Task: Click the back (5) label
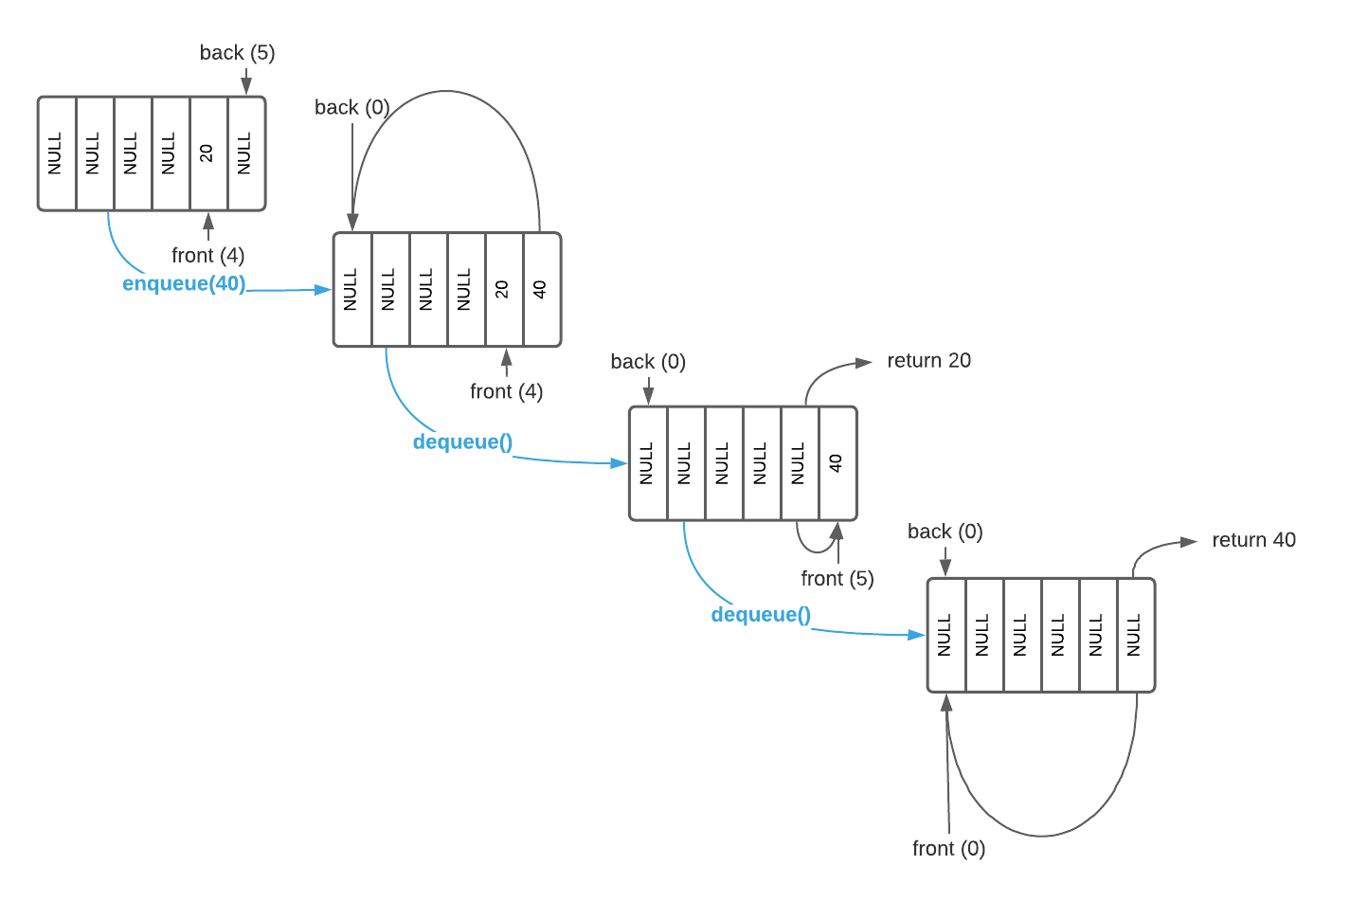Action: pos(237,53)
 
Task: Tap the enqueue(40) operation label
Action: pos(184,284)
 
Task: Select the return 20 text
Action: pos(928,361)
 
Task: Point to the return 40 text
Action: pos(1253,540)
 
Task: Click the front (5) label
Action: pos(837,578)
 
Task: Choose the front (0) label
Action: pos(948,849)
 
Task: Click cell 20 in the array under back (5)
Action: pos(207,153)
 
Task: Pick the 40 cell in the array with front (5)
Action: pos(837,463)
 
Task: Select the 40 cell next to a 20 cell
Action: pos(541,290)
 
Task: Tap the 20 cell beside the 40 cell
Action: pos(503,290)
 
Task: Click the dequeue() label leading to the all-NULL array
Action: pos(761,615)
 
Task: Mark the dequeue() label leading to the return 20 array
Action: pos(462,442)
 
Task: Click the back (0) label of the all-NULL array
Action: pos(945,532)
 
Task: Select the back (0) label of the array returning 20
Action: pos(647,362)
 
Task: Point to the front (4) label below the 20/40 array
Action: pos(506,391)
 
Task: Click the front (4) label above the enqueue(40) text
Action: pos(207,255)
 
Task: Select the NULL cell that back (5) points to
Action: pos(245,153)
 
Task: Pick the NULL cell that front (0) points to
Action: pos(945,635)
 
